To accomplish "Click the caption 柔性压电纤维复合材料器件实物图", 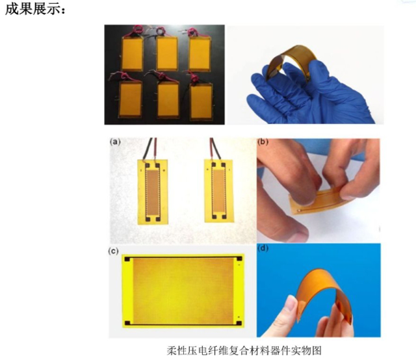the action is [x=244, y=350].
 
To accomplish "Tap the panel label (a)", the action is [x=115, y=142].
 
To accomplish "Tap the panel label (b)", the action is [x=263, y=142].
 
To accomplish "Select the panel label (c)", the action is [x=114, y=251].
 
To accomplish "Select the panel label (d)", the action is [x=263, y=249].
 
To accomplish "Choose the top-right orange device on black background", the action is [x=200, y=54].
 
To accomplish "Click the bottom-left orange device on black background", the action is [x=130, y=99].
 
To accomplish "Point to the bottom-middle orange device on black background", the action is [x=168, y=99].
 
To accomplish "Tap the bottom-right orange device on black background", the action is [x=201, y=100].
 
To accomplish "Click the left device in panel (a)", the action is [x=153, y=192].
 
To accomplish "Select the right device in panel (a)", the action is [x=219, y=190].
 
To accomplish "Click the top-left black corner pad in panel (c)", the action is [x=127, y=259].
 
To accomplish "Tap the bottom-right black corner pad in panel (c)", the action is [x=239, y=323].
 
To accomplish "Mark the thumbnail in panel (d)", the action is [x=293, y=303].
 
